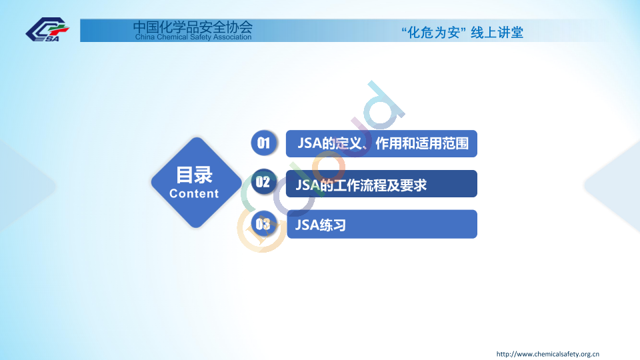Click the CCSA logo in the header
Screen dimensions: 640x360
[47, 29]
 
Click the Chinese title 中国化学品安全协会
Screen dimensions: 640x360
[193, 27]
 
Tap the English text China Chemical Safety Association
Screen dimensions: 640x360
[193, 37]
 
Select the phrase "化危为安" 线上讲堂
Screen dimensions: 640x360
[462, 32]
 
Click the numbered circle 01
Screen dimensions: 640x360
[264, 143]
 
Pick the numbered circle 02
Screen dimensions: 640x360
[263, 182]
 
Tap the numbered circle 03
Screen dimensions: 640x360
[263, 224]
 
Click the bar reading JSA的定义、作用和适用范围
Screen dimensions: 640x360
[381, 144]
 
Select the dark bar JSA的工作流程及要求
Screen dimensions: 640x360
[381, 184]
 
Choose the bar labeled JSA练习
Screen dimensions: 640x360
[382, 224]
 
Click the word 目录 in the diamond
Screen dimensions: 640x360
[194, 175]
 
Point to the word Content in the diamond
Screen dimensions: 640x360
[194, 193]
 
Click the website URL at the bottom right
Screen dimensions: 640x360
[548, 354]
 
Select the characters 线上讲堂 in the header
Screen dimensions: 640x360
[497, 32]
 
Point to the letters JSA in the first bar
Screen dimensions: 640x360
[309, 143]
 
